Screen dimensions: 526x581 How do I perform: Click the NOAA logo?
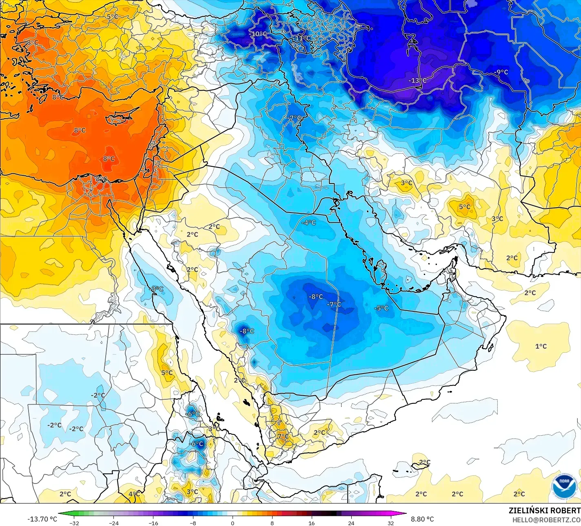(x=563, y=486)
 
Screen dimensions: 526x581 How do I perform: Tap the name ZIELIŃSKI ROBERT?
(x=544, y=510)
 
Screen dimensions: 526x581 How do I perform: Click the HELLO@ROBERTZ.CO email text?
(x=546, y=519)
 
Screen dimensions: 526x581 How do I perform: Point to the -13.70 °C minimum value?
(x=42, y=519)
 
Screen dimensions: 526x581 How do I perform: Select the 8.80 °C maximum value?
(x=422, y=519)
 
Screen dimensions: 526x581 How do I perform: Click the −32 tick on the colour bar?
(x=74, y=523)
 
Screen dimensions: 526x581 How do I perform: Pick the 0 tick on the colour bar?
(x=232, y=523)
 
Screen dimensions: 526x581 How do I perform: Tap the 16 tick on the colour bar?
(x=311, y=523)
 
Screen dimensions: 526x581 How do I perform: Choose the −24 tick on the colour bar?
(x=113, y=523)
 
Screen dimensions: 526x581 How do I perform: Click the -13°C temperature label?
(x=417, y=81)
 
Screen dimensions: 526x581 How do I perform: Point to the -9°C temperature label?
(x=501, y=72)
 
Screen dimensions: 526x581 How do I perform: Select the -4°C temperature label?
(x=308, y=223)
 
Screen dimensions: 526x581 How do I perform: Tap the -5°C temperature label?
(x=381, y=308)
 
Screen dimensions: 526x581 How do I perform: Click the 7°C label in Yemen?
(x=283, y=436)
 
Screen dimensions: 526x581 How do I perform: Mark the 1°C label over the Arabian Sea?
(x=541, y=346)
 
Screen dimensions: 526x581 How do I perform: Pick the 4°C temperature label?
(x=134, y=494)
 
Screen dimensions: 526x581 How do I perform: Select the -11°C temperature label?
(x=302, y=38)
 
